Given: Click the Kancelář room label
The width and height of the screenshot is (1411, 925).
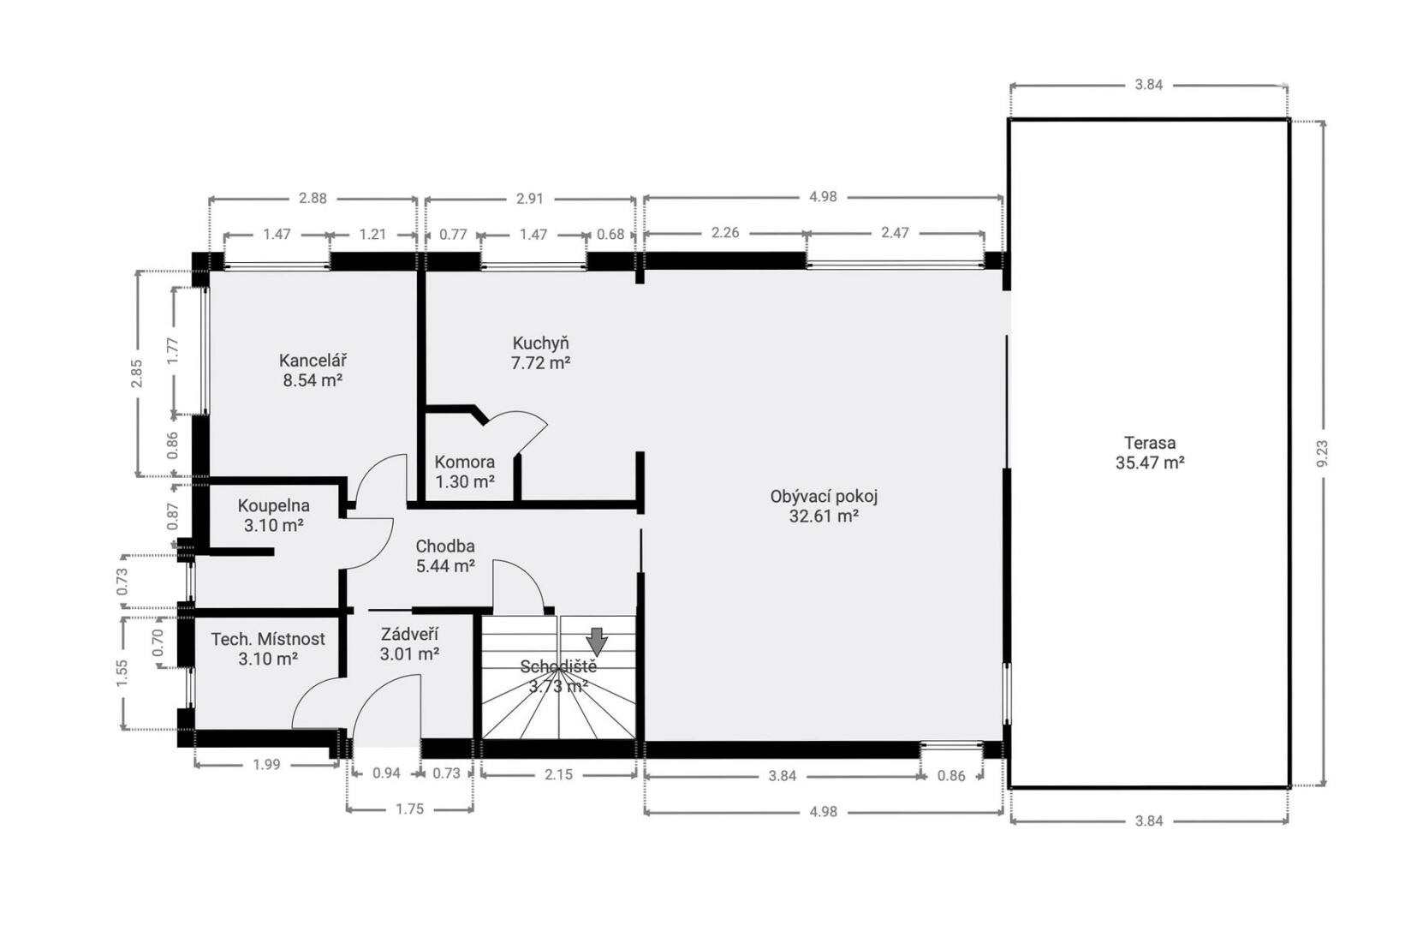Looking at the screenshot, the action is [x=313, y=361].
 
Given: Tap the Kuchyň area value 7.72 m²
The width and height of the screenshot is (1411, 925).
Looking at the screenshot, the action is [x=540, y=363].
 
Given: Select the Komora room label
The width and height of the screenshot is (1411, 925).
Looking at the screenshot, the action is [x=465, y=462].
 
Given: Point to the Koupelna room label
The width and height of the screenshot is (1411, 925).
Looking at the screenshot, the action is [x=273, y=505].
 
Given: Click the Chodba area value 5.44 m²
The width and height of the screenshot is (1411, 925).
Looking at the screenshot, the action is [x=445, y=566].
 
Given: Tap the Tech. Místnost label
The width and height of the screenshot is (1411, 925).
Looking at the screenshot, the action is [x=268, y=639].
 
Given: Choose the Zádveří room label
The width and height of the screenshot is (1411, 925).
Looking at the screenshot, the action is [x=409, y=634].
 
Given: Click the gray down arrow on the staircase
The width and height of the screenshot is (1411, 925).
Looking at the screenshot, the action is [x=597, y=642].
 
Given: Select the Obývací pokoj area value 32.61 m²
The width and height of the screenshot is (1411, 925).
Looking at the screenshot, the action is [x=824, y=516].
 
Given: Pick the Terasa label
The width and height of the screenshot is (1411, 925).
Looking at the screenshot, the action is [x=1150, y=442].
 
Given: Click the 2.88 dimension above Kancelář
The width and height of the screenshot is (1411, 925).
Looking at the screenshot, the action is [x=313, y=199].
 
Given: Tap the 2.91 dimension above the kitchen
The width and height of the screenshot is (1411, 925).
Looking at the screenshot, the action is [x=529, y=199].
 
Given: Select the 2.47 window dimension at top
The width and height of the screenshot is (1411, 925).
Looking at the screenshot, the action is [x=895, y=232].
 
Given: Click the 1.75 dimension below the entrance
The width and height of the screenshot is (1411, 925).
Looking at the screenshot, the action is [x=409, y=809].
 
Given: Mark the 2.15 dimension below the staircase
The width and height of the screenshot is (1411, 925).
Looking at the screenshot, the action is [x=558, y=774].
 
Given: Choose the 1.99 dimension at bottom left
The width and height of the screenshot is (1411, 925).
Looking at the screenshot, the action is [x=265, y=764].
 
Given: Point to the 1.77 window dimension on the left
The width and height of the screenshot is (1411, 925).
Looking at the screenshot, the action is [x=173, y=350].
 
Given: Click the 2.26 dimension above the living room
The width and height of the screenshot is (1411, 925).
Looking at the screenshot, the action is [x=725, y=232].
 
